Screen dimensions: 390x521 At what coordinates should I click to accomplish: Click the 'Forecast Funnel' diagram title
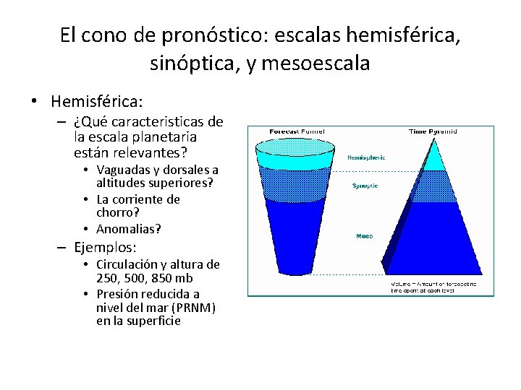point(297,131)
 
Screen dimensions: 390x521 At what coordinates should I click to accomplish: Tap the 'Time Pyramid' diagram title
point(432,131)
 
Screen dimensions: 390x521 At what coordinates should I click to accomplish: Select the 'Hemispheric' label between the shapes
point(366,157)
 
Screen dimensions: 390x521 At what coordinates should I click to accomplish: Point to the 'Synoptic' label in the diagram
point(365,186)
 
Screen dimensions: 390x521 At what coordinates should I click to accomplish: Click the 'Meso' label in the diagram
point(365,236)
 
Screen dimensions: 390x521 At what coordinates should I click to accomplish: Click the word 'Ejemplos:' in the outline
point(103,247)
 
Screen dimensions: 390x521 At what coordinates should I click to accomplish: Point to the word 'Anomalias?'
point(129,229)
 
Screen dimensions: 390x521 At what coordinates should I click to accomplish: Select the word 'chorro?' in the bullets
point(118,214)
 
